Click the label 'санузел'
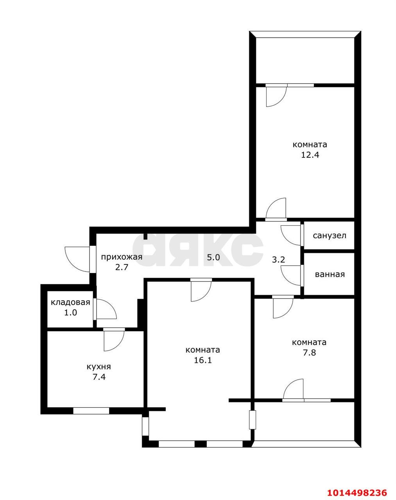(329, 236)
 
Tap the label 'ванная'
(330, 274)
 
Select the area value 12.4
(310, 154)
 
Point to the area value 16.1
(202, 360)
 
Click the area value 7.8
(309, 353)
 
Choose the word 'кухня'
(99, 367)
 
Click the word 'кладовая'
(70, 302)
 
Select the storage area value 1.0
(70, 312)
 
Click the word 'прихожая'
(122, 257)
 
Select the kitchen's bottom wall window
(91, 411)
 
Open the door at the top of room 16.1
(201, 290)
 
